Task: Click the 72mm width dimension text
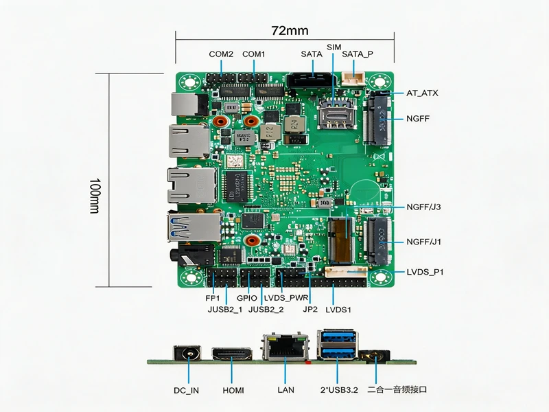[x=290, y=31]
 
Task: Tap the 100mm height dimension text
[x=95, y=196]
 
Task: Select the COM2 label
[x=221, y=54]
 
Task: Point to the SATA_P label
[x=358, y=54]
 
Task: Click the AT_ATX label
[x=422, y=93]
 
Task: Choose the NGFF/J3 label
[x=423, y=207]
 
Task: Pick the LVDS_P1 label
[x=425, y=272]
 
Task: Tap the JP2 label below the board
[x=310, y=310]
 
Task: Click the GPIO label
[x=247, y=298]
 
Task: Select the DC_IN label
[x=186, y=390]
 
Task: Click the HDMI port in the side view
[x=232, y=354]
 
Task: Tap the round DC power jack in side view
[x=187, y=353]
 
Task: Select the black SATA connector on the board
[x=312, y=80]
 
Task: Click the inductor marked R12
[x=270, y=132]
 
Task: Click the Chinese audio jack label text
[x=397, y=389]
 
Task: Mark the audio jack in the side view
[x=374, y=356]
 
